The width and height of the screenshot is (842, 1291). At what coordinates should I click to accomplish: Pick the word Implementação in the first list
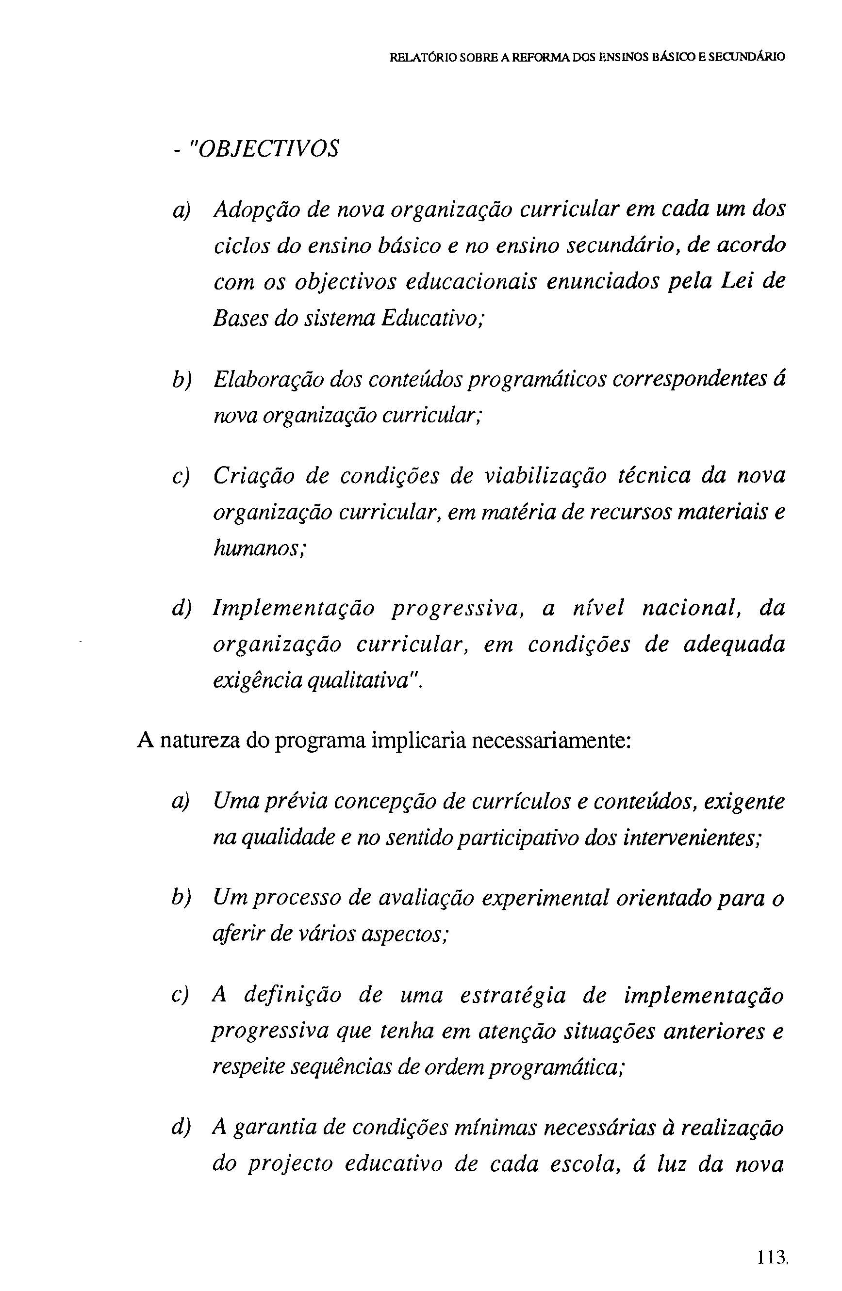(x=294, y=608)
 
